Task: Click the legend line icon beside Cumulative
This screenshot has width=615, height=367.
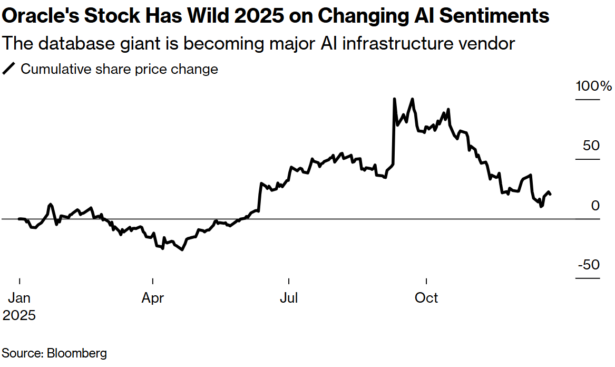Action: (9, 69)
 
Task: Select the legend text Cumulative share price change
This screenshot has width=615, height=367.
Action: (119, 69)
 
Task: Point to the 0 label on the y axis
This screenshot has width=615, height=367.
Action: (595, 205)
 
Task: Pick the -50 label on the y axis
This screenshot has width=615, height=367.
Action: (588, 265)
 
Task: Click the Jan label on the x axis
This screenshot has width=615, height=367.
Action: (19, 298)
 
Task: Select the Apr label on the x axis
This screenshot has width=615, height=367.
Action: (153, 298)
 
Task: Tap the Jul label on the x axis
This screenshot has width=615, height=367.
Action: (289, 298)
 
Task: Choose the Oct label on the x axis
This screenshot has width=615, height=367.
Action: (426, 298)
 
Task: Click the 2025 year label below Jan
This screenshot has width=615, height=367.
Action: (19, 315)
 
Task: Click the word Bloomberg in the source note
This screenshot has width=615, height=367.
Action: (77, 353)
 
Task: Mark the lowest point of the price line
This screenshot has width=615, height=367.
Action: (182, 249)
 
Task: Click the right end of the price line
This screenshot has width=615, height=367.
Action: (551, 195)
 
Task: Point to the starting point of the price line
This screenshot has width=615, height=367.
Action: (19, 218)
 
